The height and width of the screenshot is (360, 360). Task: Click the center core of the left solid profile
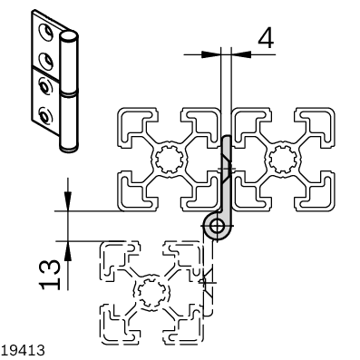[x=169, y=160]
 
